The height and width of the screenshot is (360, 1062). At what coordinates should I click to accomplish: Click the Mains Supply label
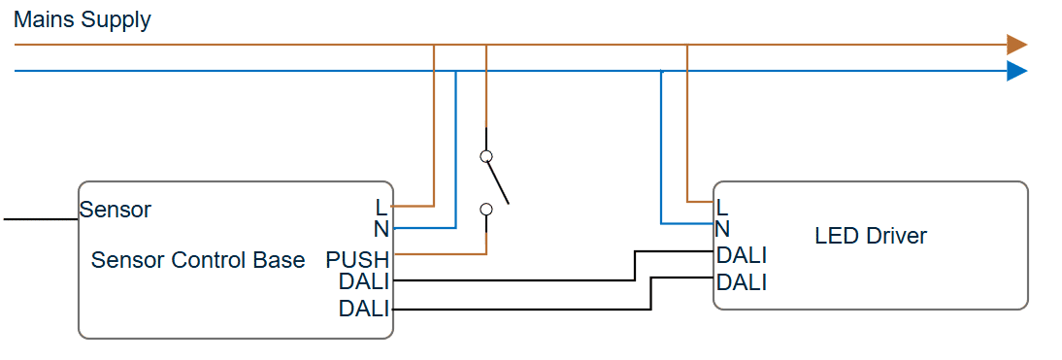coord(83,20)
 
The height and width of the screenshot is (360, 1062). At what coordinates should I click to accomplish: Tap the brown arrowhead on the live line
coord(1015,45)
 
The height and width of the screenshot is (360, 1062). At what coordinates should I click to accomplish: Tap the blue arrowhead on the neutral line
coord(1015,71)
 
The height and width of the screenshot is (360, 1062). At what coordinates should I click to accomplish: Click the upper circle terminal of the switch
coord(486,156)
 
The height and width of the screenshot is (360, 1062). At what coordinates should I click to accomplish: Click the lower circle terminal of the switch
coord(486,209)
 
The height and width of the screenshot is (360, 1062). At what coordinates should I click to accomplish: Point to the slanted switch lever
coord(497,182)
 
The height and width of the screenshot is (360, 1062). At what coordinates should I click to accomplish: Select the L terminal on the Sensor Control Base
coord(380,207)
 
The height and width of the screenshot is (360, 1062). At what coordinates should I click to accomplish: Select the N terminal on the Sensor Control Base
coord(380,229)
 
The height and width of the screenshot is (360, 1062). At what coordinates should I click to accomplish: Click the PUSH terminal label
coord(357,260)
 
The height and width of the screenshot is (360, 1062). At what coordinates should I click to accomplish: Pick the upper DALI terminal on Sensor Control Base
coord(364,281)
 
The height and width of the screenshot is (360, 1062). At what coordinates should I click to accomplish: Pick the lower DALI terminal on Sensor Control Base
coord(364,310)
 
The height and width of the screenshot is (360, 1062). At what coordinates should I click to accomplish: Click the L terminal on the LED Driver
coord(721,207)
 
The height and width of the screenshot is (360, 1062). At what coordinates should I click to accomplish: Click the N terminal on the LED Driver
coord(722,229)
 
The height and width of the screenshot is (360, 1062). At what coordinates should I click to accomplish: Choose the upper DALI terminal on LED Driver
coord(742,256)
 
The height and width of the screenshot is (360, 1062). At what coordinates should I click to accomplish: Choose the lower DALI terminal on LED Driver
coord(742,282)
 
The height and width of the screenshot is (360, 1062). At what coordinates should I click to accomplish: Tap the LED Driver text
coord(871,236)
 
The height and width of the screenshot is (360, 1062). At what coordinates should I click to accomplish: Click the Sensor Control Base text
coord(198,260)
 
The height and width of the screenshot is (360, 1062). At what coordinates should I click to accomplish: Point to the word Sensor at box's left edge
coord(116,210)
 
